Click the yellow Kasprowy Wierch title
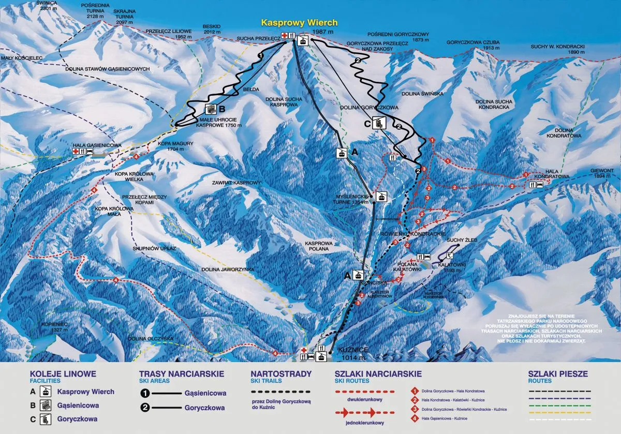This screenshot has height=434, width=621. [299, 23]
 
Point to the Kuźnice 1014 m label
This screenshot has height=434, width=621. [352, 353]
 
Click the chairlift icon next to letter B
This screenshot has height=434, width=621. [211, 109]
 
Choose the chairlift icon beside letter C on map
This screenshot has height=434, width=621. [379, 123]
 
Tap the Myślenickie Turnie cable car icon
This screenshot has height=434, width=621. [381, 197]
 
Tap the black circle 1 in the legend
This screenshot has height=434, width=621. [145, 393]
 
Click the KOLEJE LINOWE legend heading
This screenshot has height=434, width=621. [63, 374]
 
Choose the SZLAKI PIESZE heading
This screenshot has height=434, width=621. [558, 374]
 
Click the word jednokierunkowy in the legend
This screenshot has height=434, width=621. [365, 423]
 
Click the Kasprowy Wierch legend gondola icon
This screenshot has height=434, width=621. [47, 392]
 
